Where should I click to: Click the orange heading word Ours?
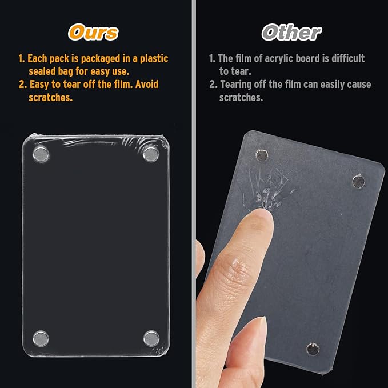pyautogui.click(x=93, y=32)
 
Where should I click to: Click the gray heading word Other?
pyautogui.click(x=291, y=32)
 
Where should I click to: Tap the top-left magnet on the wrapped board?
pyautogui.click(x=41, y=154)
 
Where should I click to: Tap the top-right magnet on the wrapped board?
pyautogui.click(x=151, y=154)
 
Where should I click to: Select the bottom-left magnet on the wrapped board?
pyautogui.click(x=41, y=338)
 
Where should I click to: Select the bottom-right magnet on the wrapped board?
pyautogui.click(x=151, y=338)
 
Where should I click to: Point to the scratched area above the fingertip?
pyautogui.click(x=269, y=189)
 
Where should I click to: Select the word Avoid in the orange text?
pyautogui.click(x=147, y=85)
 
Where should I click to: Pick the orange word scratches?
pyautogui.click(x=50, y=98)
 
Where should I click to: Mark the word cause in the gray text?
pyautogui.click(x=359, y=85)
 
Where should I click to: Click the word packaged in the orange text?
pyautogui.click(x=101, y=59)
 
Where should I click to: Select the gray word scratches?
pyautogui.click(x=241, y=98)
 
